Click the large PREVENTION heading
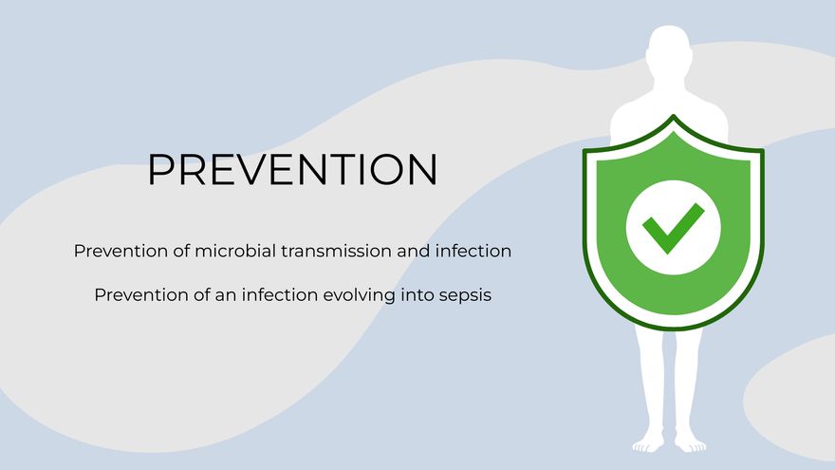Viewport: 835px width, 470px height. click(292, 169)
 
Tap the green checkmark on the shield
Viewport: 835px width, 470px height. click(673, 228)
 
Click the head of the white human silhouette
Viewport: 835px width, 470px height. click(670, 49)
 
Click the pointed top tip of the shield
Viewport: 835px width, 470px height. click(674, 115)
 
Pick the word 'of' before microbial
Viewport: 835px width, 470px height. click(181, 251)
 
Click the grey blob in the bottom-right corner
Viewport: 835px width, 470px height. click(792, 400)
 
